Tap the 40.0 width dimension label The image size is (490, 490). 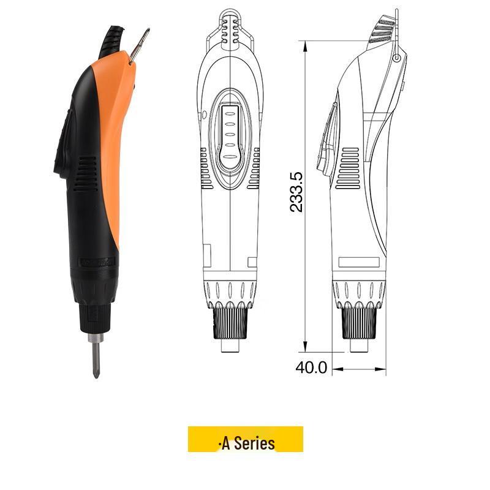coord(312,367)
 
